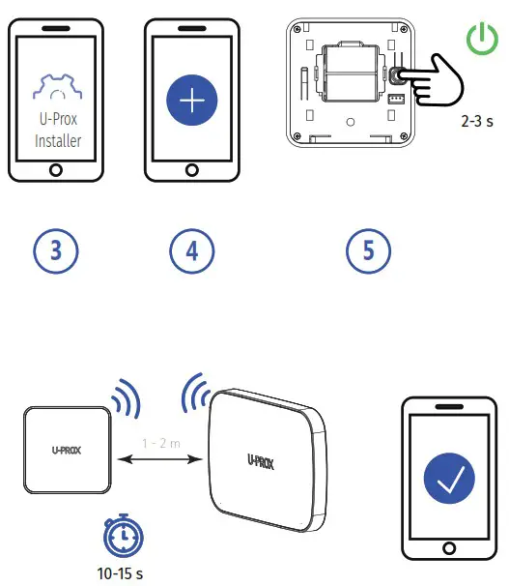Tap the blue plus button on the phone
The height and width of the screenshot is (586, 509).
point(191,102)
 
